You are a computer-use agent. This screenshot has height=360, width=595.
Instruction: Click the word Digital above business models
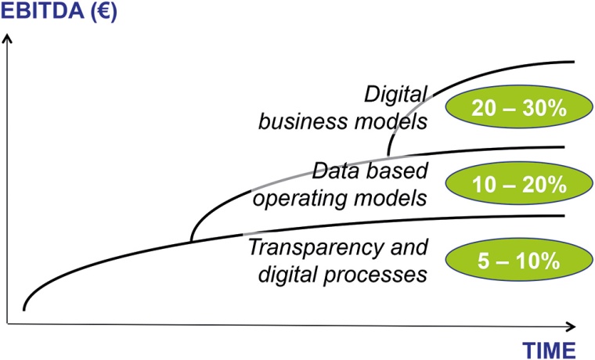395,95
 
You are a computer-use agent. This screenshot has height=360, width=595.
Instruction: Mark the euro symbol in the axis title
101,13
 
